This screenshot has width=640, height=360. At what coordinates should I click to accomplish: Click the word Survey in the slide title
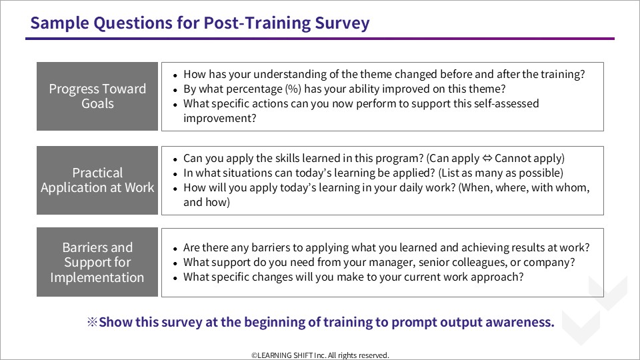tap(342, 23)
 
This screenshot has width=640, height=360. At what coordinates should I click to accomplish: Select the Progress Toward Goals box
tap(97, 96)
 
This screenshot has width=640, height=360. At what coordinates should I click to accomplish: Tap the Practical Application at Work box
tap(97, 180)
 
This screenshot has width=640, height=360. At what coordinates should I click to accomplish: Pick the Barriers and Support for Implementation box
tap(97, 262)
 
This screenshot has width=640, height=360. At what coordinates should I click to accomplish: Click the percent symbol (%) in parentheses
tap(293, 89)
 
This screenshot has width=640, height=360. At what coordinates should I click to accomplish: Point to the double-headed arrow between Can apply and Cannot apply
tap(487, 158)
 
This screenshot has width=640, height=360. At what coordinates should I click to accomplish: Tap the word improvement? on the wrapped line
tap(219, 119)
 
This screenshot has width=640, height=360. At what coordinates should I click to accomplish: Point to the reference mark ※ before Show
tap(92, 322)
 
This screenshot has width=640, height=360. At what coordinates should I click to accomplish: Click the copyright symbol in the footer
tap(254, 355)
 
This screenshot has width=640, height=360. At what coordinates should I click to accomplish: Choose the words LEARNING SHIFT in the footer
tap(285, 355)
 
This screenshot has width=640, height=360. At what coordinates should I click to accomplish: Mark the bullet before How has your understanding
tap(175, 75)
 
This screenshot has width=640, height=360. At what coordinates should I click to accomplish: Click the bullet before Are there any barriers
tap(175, 249)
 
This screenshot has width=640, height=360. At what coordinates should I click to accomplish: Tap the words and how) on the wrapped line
tap(207, 203)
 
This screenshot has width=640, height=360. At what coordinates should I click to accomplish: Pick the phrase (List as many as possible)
tap(501, 173)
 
